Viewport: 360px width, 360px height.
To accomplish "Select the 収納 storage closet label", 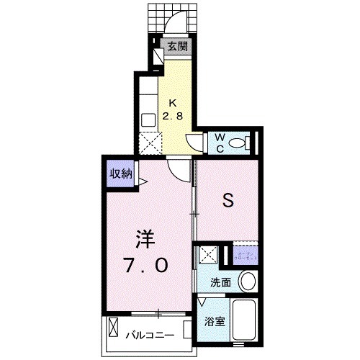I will pos(120,173).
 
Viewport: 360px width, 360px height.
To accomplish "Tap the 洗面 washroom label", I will pos(220,283).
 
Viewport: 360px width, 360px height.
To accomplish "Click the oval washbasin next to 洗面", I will pos(248,281).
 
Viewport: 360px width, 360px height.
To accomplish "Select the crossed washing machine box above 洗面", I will pos(209,255).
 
